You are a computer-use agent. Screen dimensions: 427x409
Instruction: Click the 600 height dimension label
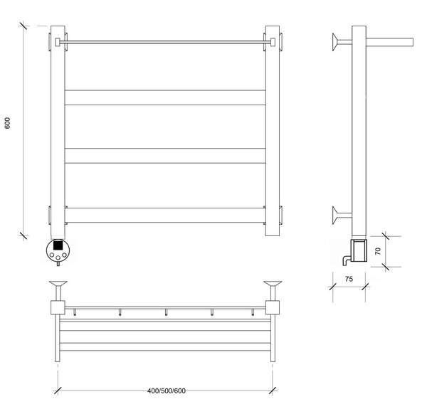point(7,123)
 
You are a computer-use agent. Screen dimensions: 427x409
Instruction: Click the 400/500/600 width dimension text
point(167,391)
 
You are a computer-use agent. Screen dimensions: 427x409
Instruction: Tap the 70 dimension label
point(378,251)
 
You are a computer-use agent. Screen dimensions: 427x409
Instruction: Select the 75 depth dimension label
point(349,279)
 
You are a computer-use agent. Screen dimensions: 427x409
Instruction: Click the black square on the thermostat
point(58,245)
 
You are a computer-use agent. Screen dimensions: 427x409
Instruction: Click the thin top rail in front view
point(165,42)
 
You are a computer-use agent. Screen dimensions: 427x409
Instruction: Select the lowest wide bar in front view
point(165,216)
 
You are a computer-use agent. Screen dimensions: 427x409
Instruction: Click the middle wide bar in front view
point(165,156)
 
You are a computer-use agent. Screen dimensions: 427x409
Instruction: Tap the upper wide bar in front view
point(165,97)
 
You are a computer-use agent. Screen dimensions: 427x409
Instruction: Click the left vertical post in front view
point(58,131)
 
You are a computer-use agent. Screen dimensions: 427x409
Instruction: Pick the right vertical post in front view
point(273,131)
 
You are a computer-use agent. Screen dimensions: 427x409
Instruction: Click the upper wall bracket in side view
point(342,42)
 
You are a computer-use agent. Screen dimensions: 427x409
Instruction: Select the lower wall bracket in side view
point(342,216)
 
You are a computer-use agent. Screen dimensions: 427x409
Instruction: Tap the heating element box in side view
point(359,250)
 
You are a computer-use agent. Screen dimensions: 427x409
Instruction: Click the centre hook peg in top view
point(166,312)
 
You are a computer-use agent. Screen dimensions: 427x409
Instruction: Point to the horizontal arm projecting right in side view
point(390,42)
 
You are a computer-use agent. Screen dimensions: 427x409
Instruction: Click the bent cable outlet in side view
point(345,260)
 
